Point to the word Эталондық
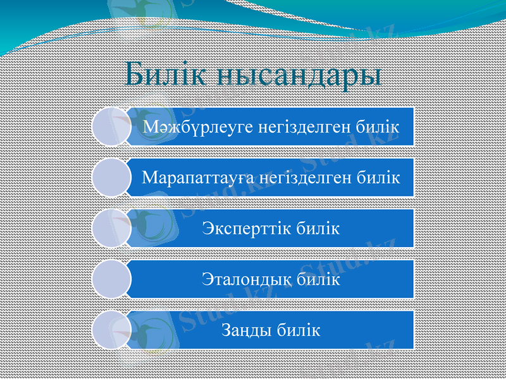coord(246,279)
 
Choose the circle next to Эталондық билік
coord(111,279)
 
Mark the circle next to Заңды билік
coord(111,329)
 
